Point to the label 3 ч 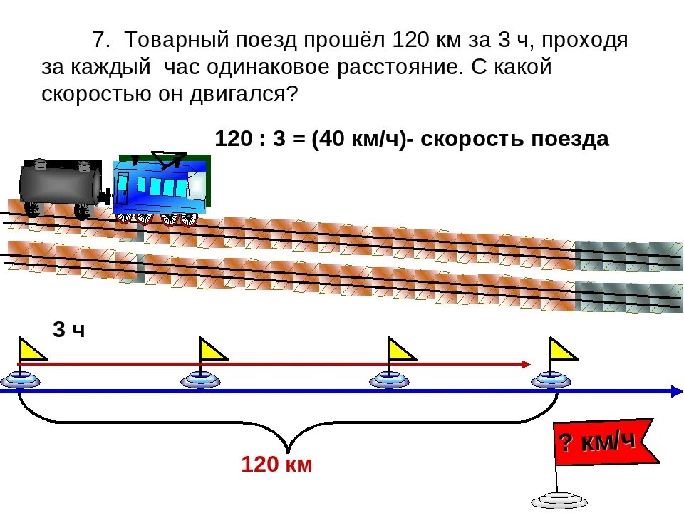tap(68, 330)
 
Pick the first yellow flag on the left tap(31, 350)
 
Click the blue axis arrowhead tap(675, 390)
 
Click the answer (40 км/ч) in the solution tap(357, 139)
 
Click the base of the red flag tap(559, 499)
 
